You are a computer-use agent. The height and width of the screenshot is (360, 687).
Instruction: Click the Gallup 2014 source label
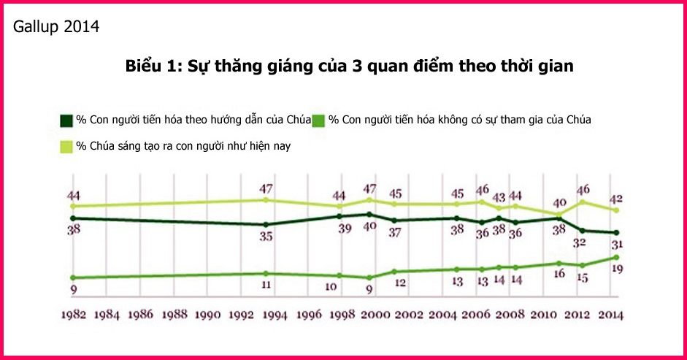point(56,27)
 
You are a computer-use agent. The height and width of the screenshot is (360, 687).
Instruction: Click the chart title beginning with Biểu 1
point(349,66)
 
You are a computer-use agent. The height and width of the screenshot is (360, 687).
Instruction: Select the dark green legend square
point(65,120)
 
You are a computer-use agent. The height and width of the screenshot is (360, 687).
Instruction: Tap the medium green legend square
point(318,120)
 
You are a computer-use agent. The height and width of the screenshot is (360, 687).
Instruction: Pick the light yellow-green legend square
point(65,146)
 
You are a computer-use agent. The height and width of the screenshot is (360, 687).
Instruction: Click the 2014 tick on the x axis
point(610,315)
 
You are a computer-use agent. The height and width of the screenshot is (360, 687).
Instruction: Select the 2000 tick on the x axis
point(375,315)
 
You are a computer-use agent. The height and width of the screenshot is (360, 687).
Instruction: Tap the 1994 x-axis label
point(275,315)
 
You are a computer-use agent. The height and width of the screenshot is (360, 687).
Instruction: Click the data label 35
point(266,236)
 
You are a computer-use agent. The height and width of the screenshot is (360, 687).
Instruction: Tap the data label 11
point(266,285)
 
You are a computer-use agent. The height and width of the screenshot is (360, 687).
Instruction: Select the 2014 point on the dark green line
point(617,233)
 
